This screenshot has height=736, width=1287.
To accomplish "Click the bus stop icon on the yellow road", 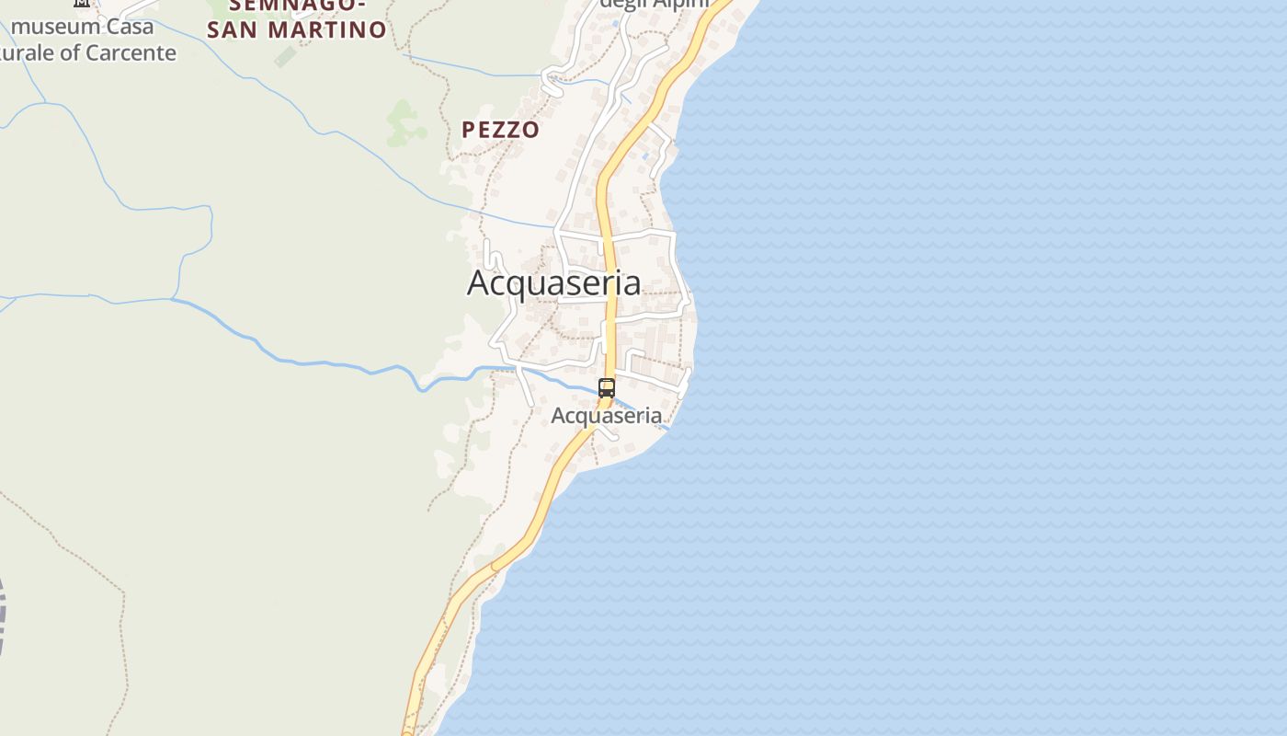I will coord(607,388).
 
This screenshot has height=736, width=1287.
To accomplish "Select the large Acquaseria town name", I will coord(553,283).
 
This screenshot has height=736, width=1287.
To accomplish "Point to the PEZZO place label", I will coord(500,130).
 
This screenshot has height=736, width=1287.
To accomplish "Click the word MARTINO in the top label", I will coord(327,30).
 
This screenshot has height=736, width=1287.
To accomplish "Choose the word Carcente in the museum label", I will coord(131,53).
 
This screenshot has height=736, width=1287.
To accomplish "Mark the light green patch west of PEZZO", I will coord(404,123).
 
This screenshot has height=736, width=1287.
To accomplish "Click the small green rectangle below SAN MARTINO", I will coord(286,57).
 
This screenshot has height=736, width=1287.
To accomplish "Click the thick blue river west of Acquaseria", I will coord(303,362).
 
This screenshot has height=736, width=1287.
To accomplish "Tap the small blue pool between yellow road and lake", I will coord(647,156).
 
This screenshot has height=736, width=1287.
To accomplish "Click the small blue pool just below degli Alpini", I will coord(614,23).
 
